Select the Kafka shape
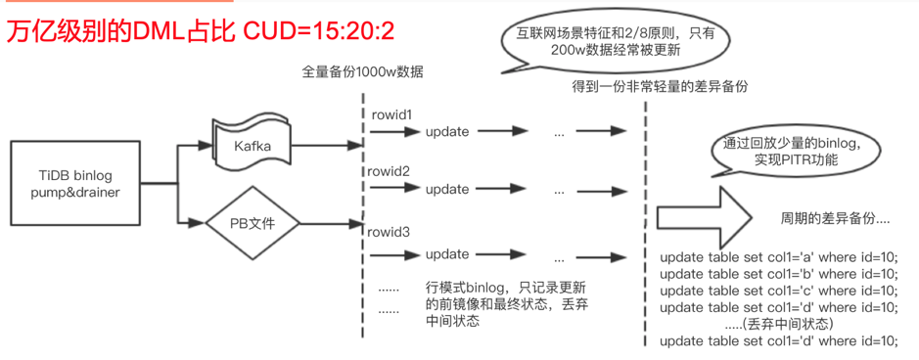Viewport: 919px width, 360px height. click(x=253, y=146)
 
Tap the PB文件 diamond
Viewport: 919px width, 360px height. click(x=252, y=223)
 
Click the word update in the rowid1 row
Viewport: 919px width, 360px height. click(x=447, y=132)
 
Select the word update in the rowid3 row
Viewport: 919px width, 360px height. click(x=447, y=254)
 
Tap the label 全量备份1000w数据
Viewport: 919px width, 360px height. click(x=363, y=71)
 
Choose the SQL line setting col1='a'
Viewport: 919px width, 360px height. click(x=779, y=257)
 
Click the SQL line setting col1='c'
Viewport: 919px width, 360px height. click(x=779, y=291)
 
